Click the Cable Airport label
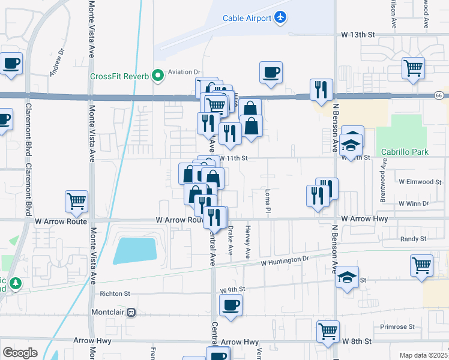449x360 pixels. point(247,19)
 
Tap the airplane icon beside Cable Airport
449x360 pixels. point(280,18)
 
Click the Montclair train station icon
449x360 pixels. point(130,313)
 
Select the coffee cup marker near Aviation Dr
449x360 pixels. point(271,72)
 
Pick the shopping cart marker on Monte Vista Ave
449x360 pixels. point(77,202)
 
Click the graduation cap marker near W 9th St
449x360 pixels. point(347,277)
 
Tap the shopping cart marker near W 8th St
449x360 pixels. point(328,331)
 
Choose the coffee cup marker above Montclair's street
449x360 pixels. point(231,305)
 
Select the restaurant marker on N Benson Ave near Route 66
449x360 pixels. point(321,89)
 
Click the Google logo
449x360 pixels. point(20,352)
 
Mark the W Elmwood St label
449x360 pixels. point(420,181)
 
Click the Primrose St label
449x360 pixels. point(397,327)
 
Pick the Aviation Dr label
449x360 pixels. point(184,72)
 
